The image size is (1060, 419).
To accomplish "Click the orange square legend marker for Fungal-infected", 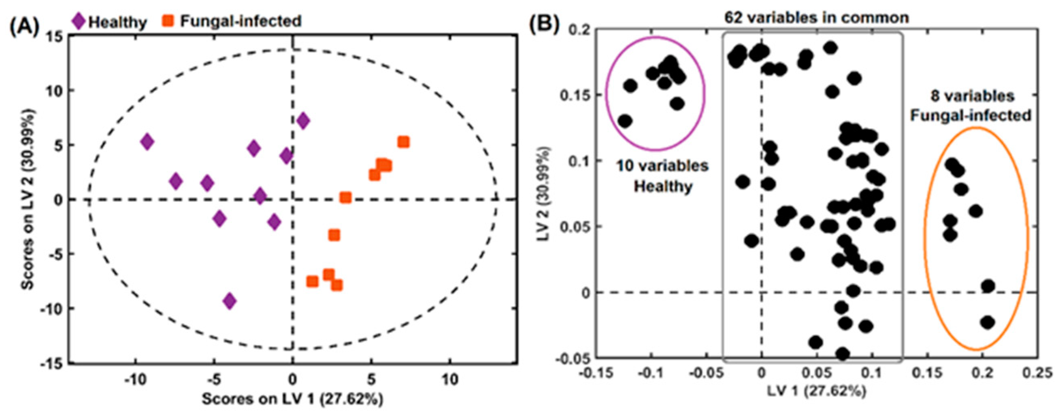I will pos(167,20).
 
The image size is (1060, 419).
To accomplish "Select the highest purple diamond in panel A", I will pos(303,121).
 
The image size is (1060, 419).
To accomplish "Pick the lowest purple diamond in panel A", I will pos(230,301).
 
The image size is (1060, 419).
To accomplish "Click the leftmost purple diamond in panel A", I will pos(147,142).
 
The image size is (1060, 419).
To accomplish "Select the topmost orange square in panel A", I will pos(403,142).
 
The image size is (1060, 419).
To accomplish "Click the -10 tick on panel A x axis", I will pos(135,379).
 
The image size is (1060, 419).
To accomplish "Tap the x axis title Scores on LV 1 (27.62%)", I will pos(292,399).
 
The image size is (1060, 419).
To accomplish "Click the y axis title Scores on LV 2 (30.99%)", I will pos(28,200).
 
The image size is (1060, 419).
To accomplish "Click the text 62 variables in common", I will pos(816,18).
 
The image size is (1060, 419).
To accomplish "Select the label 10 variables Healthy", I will pos(662,176).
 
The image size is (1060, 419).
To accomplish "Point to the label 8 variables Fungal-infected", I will pos(970,106).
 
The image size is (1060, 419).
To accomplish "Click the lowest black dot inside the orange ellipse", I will pos(987,322).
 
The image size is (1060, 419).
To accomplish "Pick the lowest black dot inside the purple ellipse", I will pos(626,121).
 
